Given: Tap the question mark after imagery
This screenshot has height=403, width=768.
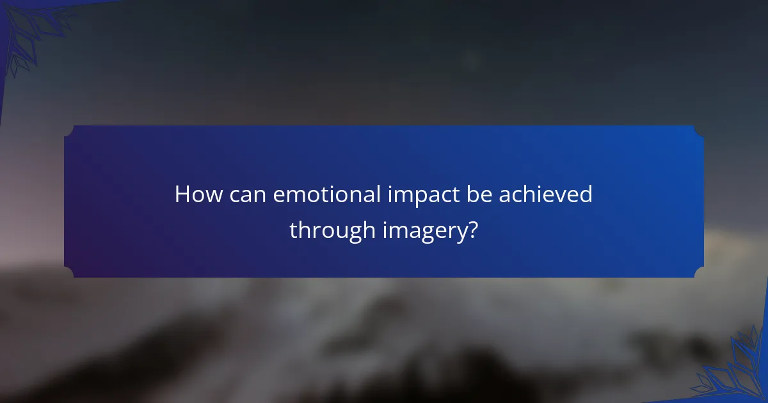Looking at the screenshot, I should click(472, 230).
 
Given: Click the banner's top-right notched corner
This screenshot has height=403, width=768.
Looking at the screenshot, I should click(699, 130).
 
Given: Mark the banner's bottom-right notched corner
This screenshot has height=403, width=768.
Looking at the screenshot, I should click(699, 273).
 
